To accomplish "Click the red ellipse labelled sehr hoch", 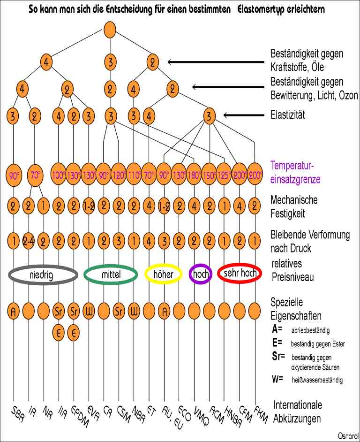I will click(239, 273).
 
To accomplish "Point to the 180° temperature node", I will click(194, 175).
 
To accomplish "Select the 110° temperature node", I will click(134, 175).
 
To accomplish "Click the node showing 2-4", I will click(29, 242).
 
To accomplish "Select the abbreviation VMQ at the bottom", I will click(200, 414).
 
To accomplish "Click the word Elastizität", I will click(288, 114).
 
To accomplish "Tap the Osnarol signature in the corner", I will click(347, 435).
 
